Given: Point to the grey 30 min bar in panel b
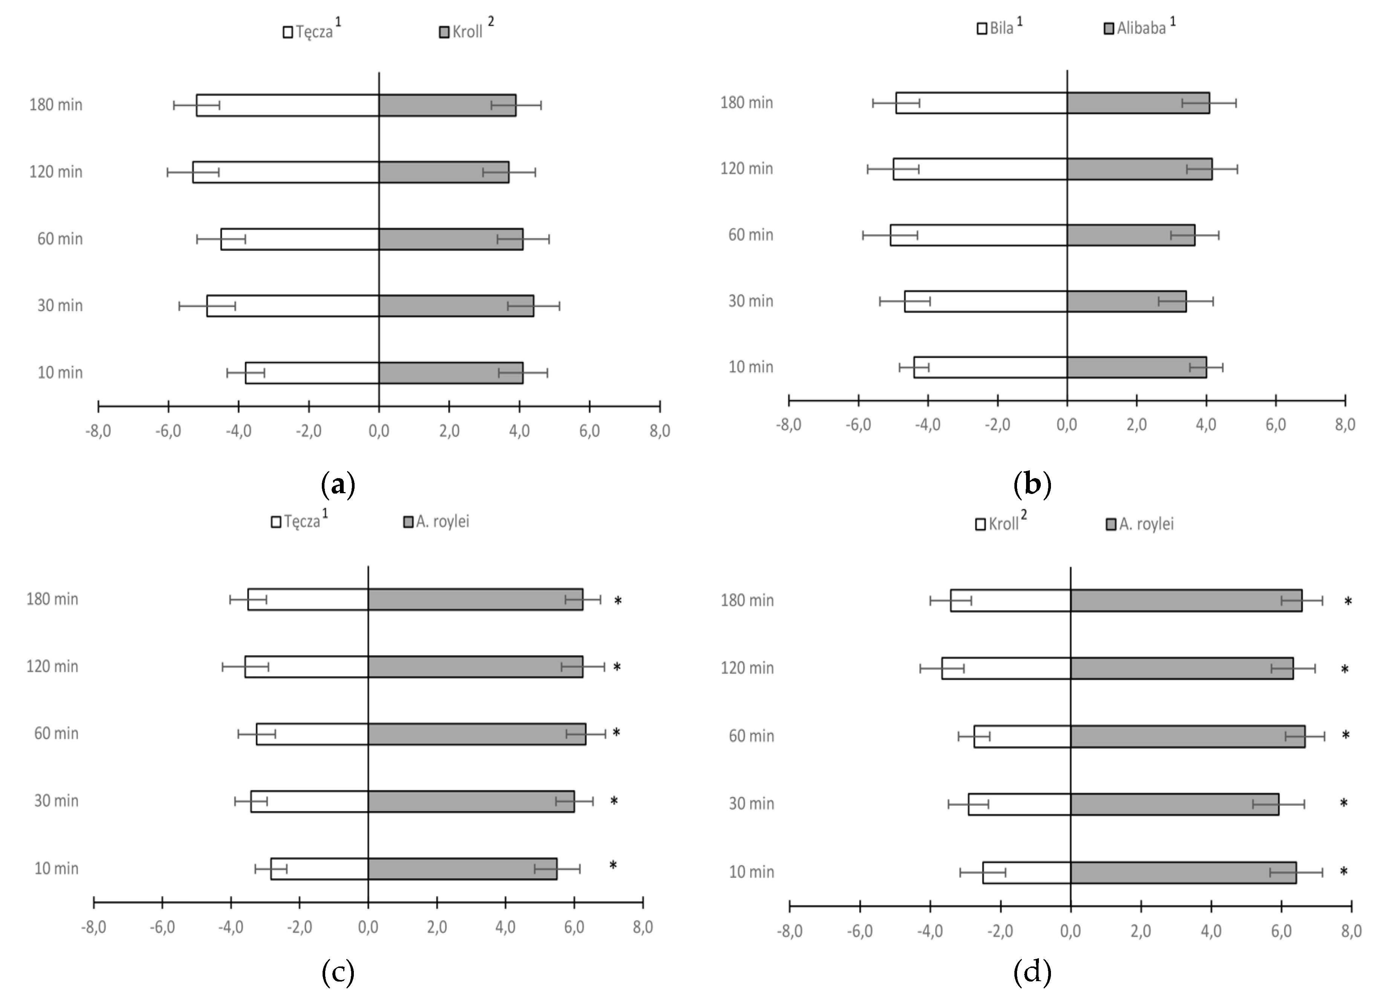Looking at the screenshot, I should [x=1126, y=301].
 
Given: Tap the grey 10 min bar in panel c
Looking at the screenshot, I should [x=462, y=869].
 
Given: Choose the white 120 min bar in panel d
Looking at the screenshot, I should [x=1006, y=668].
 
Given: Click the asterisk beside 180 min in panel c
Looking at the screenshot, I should [x=618, y=601].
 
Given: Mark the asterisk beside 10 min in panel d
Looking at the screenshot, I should [x=1343, y=872].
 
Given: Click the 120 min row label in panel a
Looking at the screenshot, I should [x=56, y=172].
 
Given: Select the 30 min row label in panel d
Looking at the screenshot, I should [x=751, y=804].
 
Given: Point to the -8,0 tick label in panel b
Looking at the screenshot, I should [x=788, y=425].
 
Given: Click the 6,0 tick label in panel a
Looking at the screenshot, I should [x=589, y=431].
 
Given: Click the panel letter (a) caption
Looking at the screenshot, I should [x=338, y=485].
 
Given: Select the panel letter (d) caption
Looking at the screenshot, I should [x=1032, y=972].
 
